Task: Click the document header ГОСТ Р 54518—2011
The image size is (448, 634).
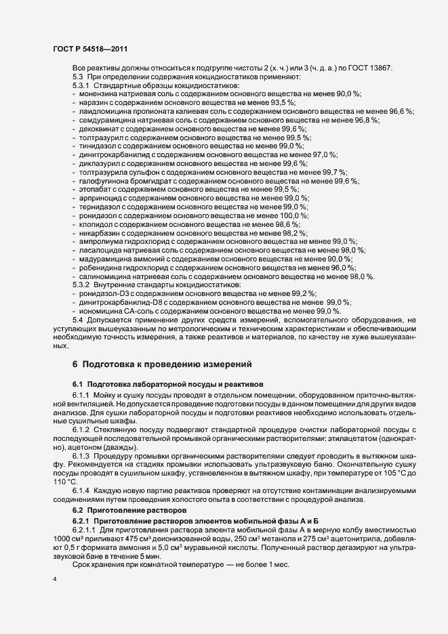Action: (x=89, y=49)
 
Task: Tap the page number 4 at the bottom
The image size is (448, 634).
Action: (x=55, y=580)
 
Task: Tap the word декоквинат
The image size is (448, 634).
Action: (x=100, y=128)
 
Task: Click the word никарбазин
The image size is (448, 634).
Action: (x=100, y=232)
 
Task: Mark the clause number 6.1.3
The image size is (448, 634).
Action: (x=83, y=456)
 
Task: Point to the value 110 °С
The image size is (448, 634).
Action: (x=65, y=482)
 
